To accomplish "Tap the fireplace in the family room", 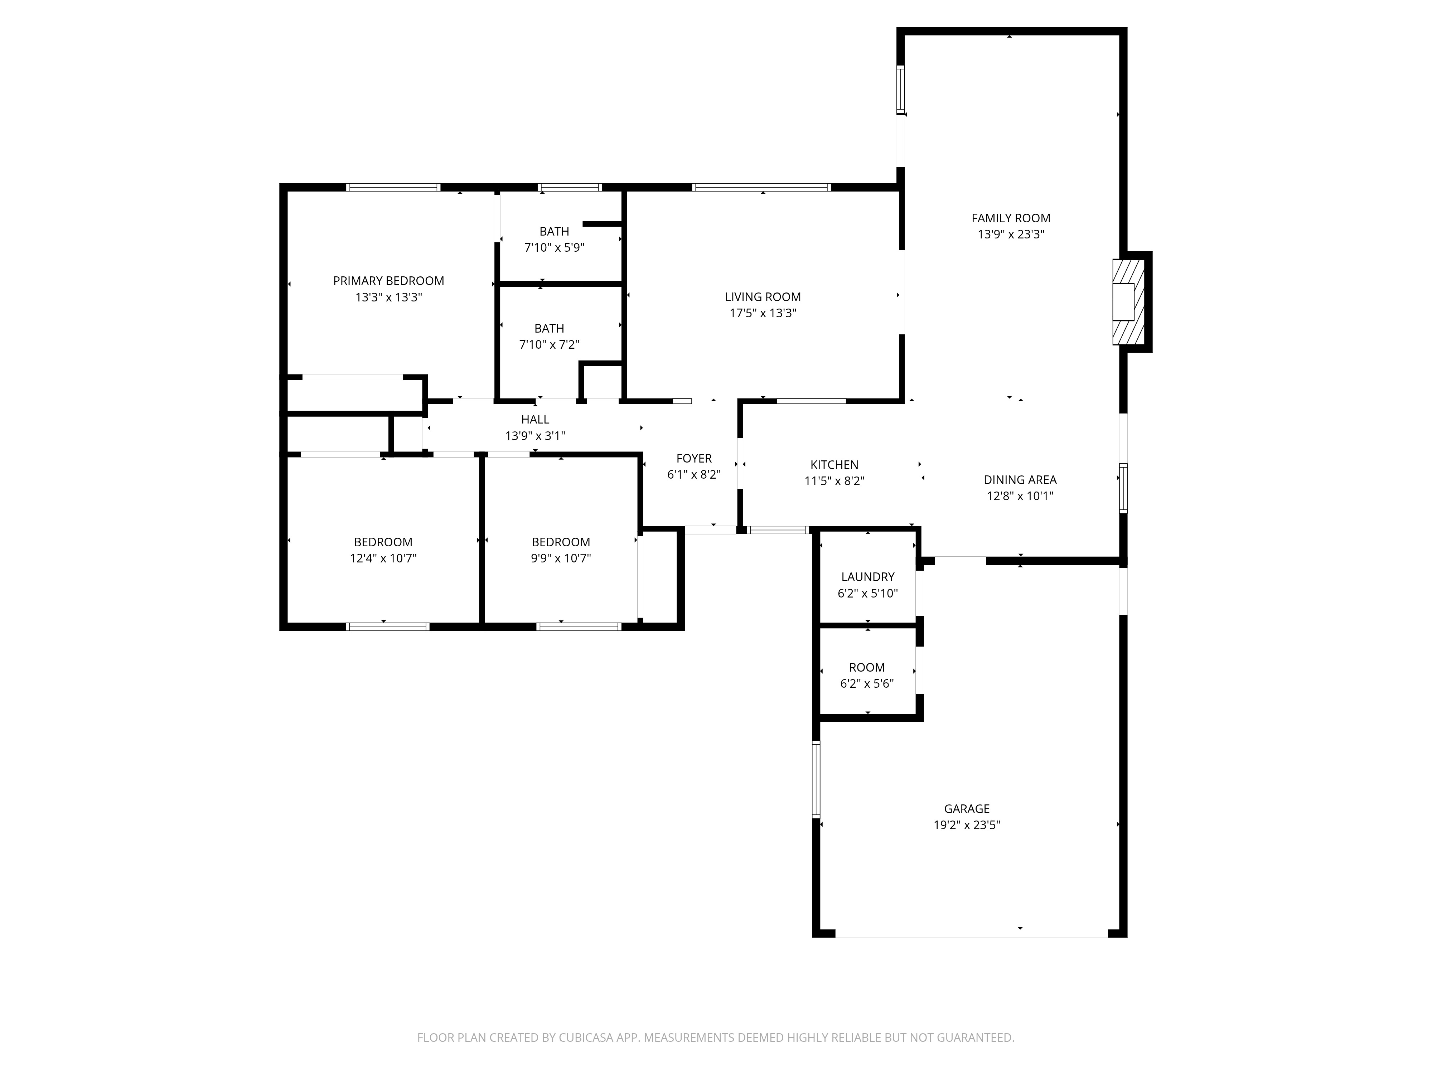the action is coord(1128,302).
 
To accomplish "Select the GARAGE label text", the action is coord(967,809).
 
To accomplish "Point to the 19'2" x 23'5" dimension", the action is coord(967,825).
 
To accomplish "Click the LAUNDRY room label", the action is coord(867,577).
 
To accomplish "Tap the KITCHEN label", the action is coord(834,465).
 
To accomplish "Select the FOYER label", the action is coord(694,458).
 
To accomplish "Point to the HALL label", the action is coord(535,420).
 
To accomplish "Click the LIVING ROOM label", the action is coord(763,297).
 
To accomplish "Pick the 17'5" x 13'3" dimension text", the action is coord(763,313).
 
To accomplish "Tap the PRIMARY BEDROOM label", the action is coord(388,281).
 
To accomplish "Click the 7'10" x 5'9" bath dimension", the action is coord(554,247).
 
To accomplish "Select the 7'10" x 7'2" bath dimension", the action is coord(549,344).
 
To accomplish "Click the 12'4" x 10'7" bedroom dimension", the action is coord(383,558).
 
